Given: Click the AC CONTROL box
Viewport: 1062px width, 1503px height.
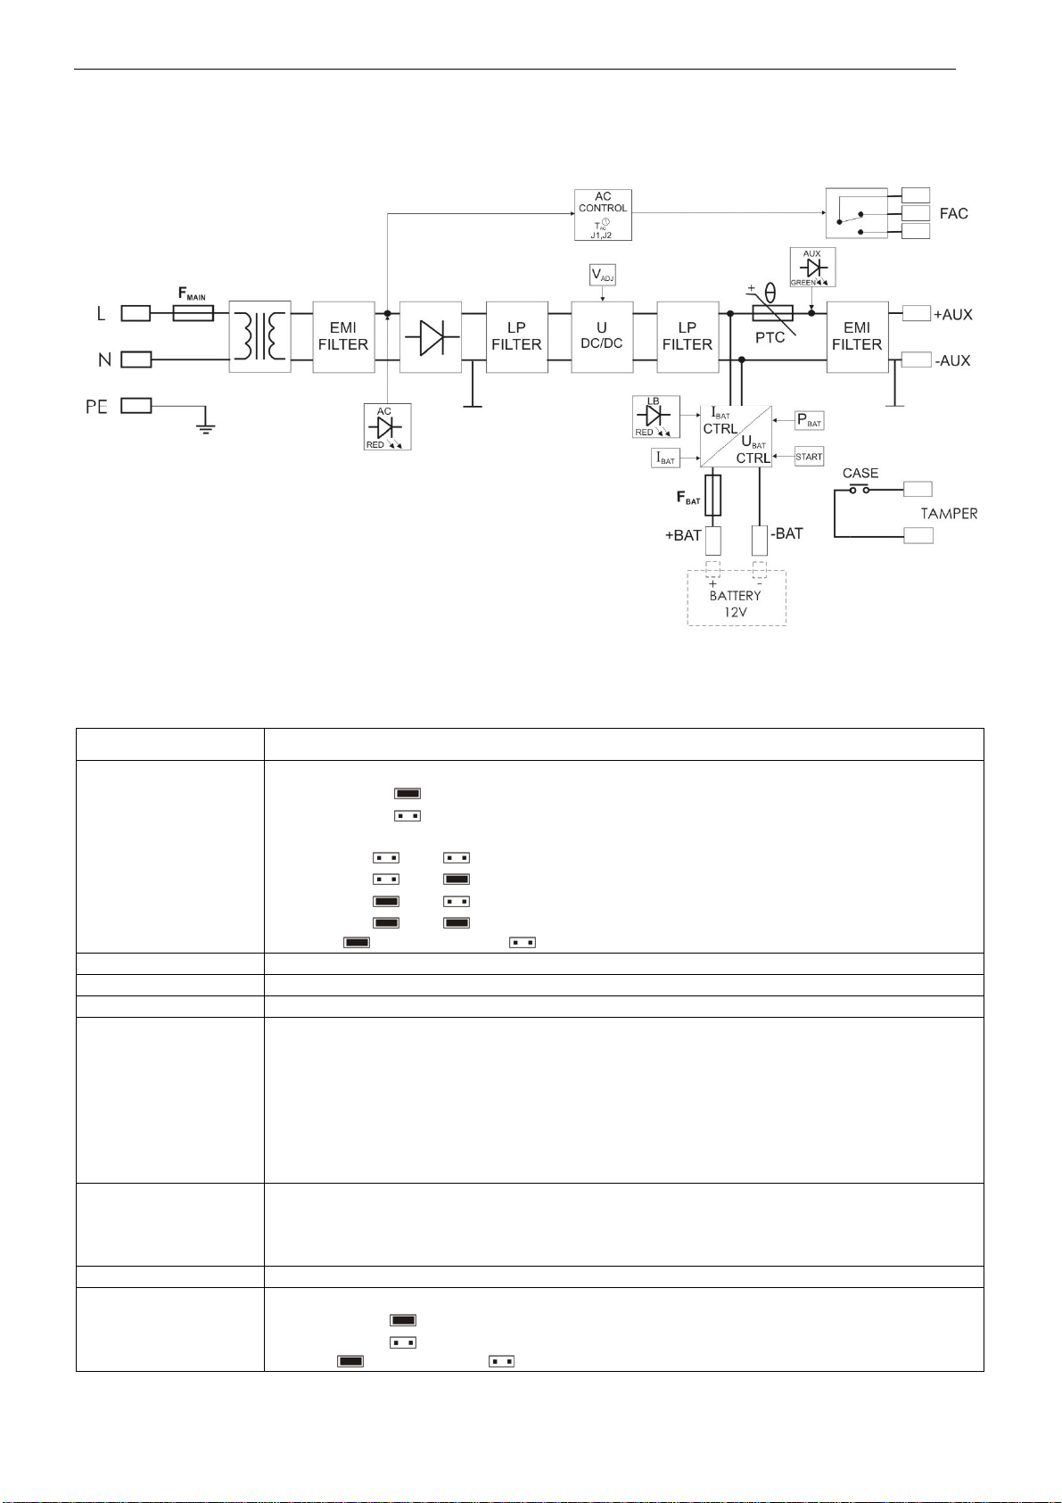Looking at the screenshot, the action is [603, 215].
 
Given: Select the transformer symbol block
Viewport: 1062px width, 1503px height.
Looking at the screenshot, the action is [259, 336].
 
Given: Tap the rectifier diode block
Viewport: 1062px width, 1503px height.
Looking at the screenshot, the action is [431, 337].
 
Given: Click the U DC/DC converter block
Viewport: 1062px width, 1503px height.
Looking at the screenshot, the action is [602, 337].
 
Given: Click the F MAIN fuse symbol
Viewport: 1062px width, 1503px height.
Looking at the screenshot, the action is [193, 313].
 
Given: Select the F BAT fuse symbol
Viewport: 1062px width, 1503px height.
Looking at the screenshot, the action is [713, 495].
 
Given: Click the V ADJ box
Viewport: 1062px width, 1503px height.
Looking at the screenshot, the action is [603, 275].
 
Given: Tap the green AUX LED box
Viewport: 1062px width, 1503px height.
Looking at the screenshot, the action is [812, 267].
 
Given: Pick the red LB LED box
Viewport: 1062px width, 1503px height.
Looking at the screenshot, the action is [656, 417].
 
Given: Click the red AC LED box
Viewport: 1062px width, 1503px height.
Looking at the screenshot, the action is [387, 426].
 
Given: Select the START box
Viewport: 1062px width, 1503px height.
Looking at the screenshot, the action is [809, 457].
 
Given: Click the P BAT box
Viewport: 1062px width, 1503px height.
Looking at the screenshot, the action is [809, 421].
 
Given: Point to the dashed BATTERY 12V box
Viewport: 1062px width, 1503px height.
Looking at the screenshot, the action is [737, 598].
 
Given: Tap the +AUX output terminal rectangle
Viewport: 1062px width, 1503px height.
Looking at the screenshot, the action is [917, 313].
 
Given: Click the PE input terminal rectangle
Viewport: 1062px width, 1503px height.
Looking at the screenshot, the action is [136, 405].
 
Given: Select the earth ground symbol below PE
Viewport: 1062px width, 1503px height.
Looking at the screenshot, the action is [206, 427].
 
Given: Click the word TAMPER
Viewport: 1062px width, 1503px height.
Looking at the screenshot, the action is [949, 514].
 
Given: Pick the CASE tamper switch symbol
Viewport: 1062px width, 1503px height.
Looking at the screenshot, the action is [860, 489].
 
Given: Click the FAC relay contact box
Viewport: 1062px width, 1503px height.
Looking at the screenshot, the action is [856, 213].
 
